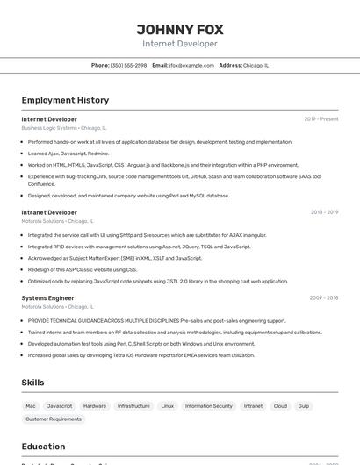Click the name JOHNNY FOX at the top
(180, 29)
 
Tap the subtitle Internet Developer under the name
(180, 44)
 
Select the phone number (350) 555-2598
(128, 65)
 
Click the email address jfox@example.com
(191, 65)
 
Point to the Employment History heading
(65, 100)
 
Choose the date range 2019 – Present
(321, 119)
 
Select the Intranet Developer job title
(49, 212)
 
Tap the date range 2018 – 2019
(324, 212)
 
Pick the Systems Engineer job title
(47, 298)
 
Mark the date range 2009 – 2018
(324, 298)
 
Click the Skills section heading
(32, 383)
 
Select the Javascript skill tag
(60, 406)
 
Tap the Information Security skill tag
(209, 406)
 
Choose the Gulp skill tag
(304, 406)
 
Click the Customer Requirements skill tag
(53, 419)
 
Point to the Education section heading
(43, 446)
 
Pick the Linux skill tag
(167, 406)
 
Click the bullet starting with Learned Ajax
(68, 154)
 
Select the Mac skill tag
(31, 406)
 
